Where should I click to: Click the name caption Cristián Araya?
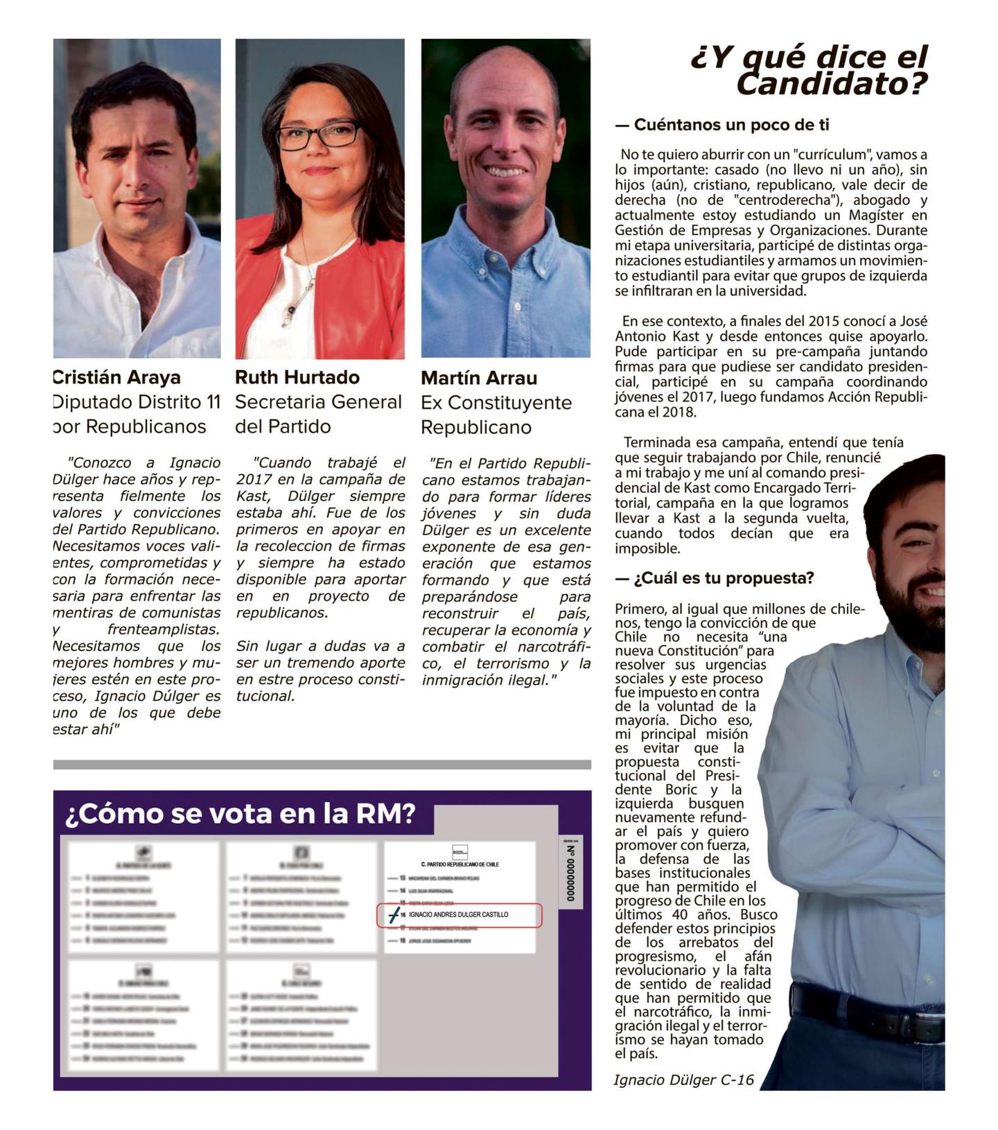[x=116, y=377]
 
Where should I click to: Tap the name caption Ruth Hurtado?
[x=297, y=377]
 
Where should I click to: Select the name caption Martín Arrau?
[x=479, y=378]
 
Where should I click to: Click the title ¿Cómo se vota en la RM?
[x=240, y=813]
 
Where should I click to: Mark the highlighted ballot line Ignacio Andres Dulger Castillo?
[x=459, y=915]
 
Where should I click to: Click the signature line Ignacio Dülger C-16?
[x=683, y=1079]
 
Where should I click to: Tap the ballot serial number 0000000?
[x=571, y=871]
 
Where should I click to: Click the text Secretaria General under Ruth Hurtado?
[x=318, y=402]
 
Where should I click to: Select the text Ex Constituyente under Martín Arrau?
[x=496, y=403]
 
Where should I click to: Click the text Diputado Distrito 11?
[x=137, y=402]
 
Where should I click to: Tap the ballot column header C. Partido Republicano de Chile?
[x=460, y=864]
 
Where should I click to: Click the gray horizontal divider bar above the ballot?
[x=322, y=765]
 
